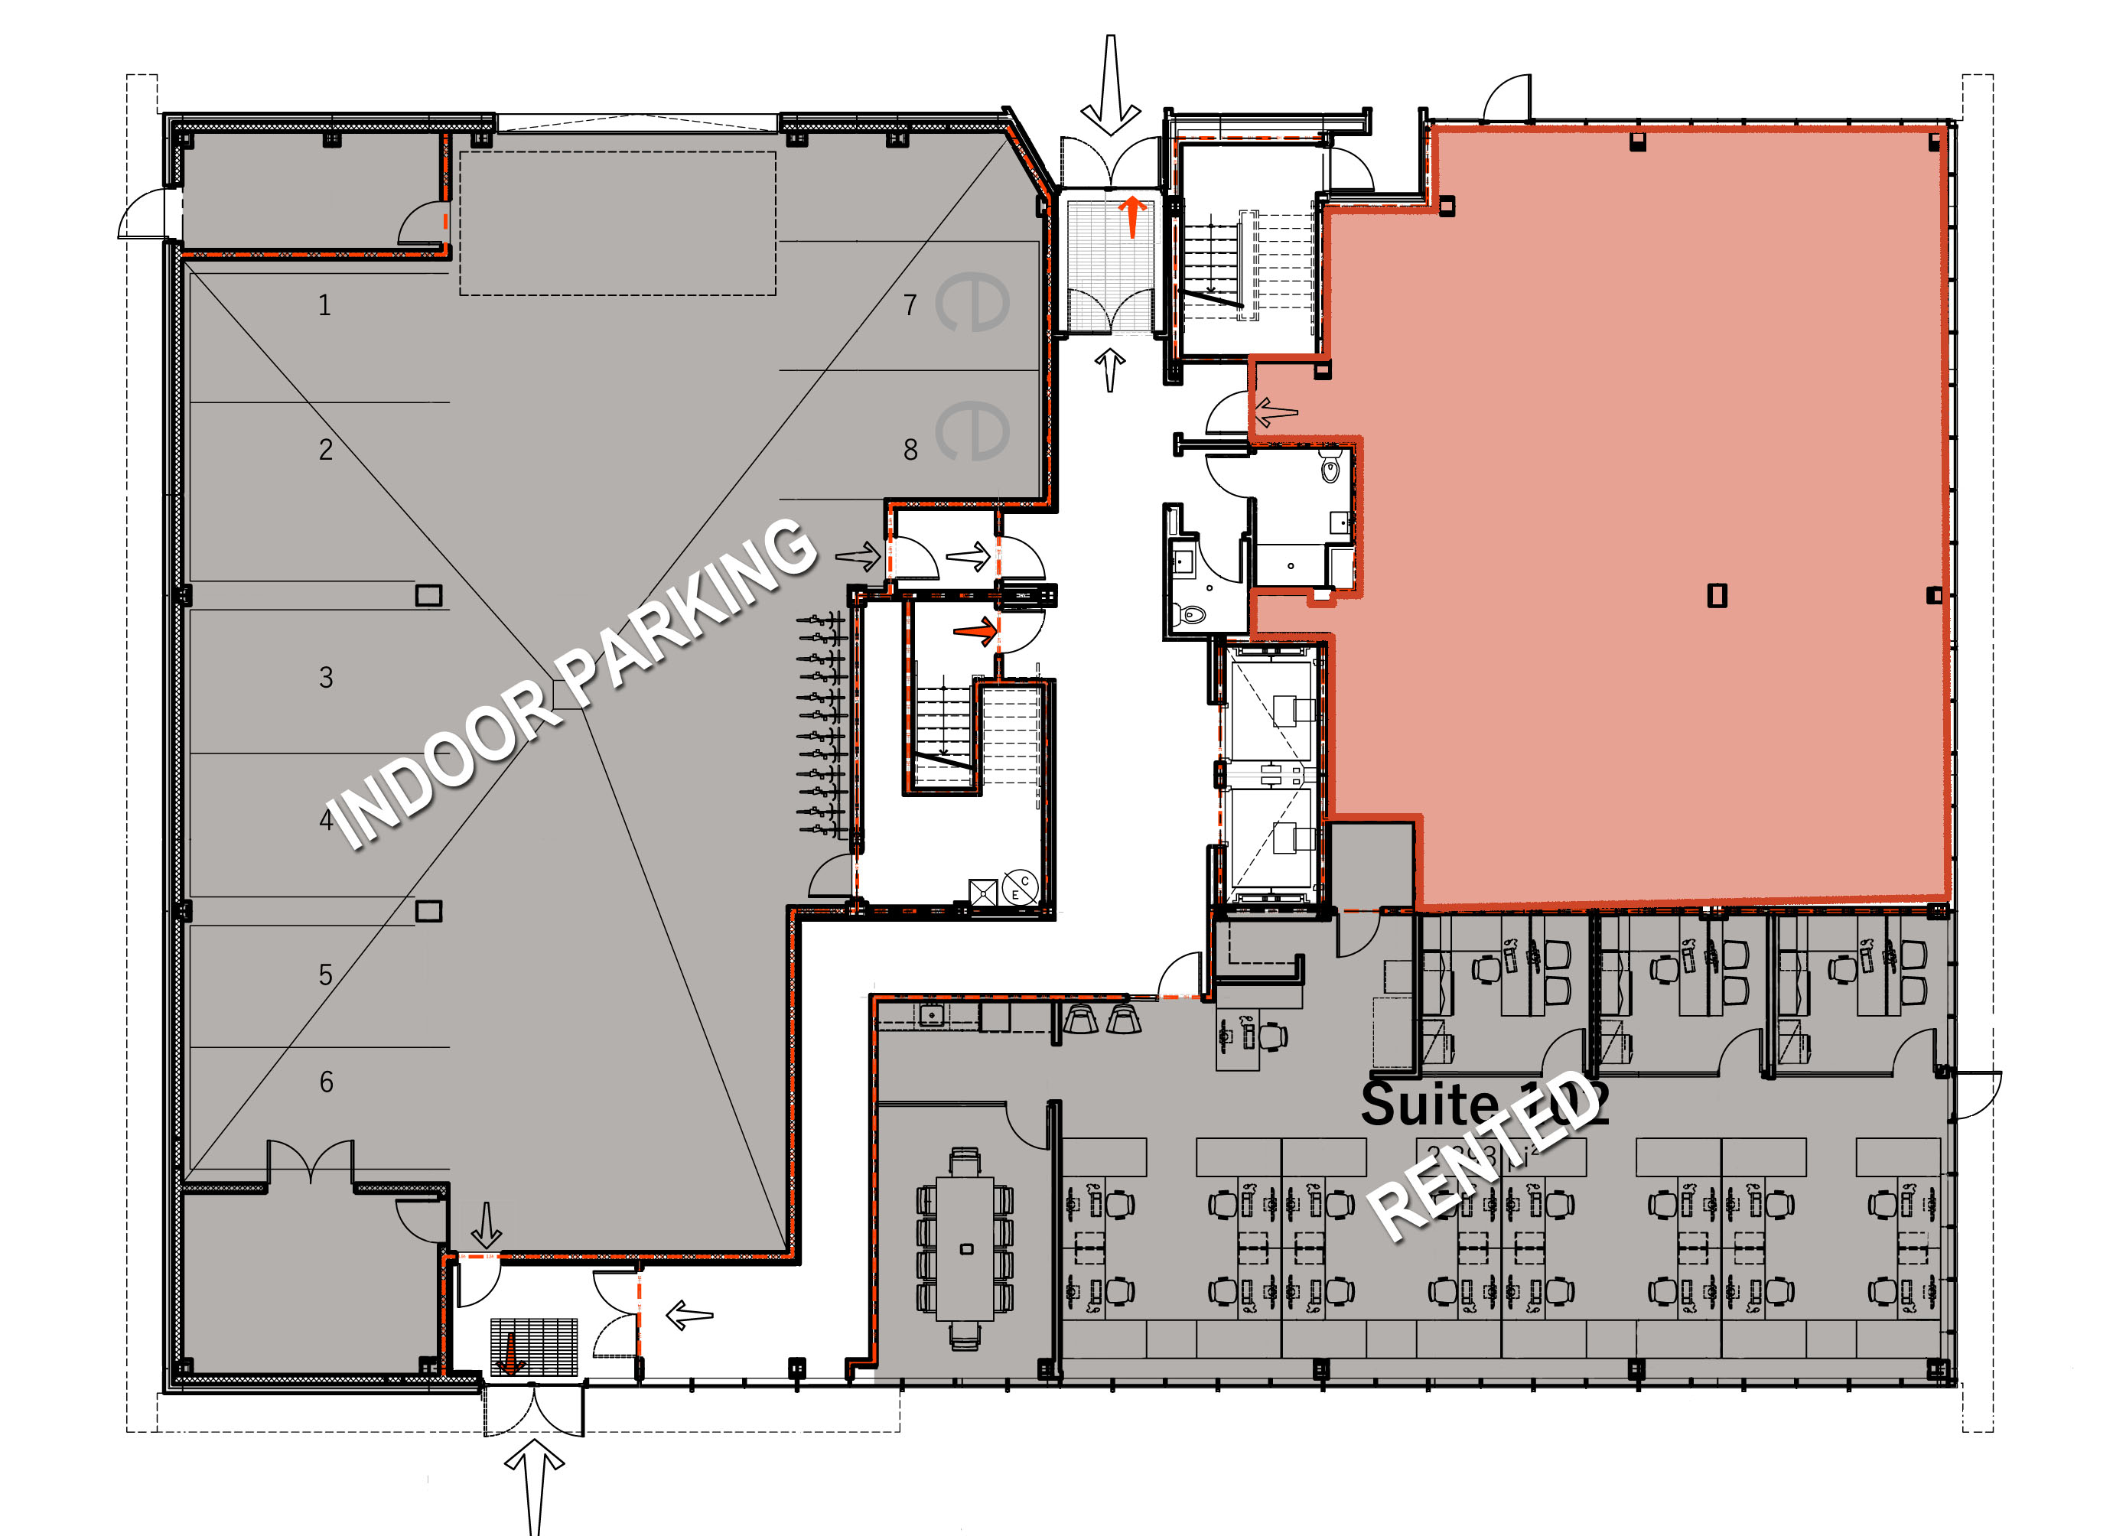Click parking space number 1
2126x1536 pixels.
[x=324, y=305]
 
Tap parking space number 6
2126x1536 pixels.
[x=326, y=1082]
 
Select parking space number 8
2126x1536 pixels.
[x=910, y=450]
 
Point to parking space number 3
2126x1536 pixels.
[x=326, y=678]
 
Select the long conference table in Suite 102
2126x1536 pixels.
[x=965, y=1248]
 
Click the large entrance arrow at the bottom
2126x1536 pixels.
[x=534, y=1486]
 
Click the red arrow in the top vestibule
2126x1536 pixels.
[x=1133, y=216]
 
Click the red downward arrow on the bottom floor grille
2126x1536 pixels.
[x=510, y=1354]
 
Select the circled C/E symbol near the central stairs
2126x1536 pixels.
[x=1020, y=887]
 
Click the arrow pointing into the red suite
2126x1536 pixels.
[x=1276, y=411]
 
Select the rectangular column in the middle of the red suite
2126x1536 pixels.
[x=1717, y=595]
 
